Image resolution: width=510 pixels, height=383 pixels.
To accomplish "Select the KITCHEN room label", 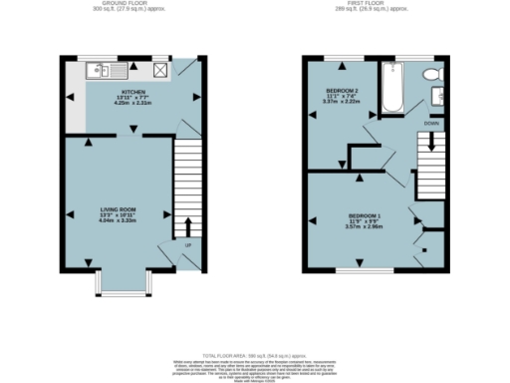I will pos(133,89).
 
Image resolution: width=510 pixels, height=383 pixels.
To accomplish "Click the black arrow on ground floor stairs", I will pos(187,226).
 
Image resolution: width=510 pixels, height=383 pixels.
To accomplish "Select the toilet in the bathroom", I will pos(431,76).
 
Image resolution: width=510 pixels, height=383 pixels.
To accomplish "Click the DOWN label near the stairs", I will pos(430,124).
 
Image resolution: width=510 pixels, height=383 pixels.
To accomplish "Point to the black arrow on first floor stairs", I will pos(430,141).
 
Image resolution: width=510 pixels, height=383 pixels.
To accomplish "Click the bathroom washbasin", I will pos(437,96).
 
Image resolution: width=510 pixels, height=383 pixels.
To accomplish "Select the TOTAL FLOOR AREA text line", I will pos(254,354).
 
